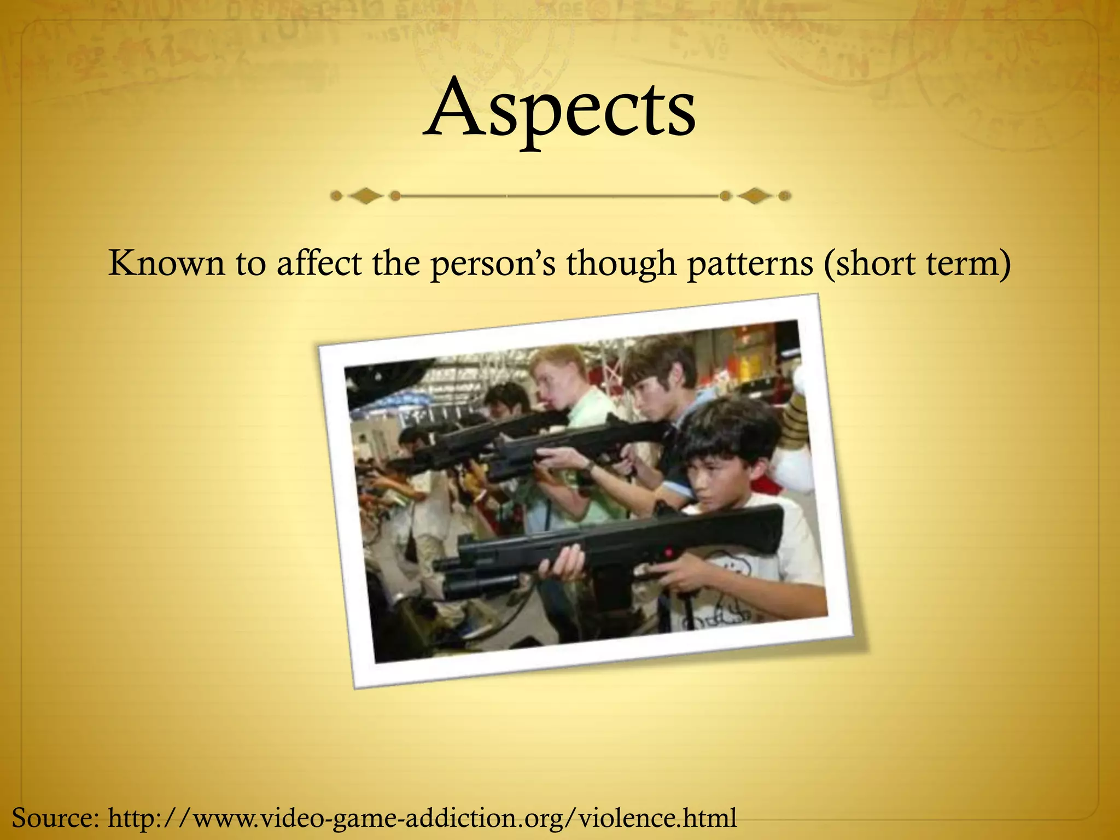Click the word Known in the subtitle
point(166,263)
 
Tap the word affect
point(319,263)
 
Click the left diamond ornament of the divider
point(365,196)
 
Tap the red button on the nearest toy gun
point(668,553)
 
